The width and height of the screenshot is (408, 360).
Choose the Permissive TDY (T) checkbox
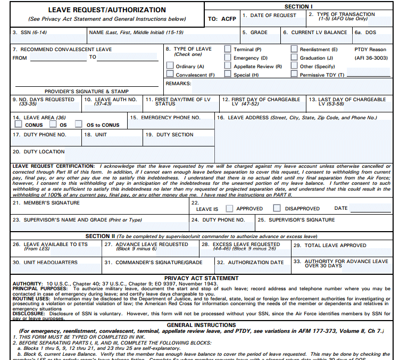point(294,75)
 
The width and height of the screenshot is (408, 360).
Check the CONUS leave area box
point(19,125)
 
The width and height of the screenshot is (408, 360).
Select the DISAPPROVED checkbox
point(277,208)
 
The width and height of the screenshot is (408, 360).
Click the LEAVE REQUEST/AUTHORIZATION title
point(107,10)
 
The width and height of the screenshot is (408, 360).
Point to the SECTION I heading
point(298,6)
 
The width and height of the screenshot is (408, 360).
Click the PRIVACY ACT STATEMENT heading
point(202,278)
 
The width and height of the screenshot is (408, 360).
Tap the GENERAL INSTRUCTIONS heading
point(202,325)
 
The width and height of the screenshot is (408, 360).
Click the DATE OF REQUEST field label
point(269,15)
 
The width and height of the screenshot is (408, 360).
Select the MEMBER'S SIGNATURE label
point(46,203)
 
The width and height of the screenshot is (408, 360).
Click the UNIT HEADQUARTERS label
point(46,263)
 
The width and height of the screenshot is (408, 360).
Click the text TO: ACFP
point(222,19)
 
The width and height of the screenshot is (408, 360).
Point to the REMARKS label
point(178,84)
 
